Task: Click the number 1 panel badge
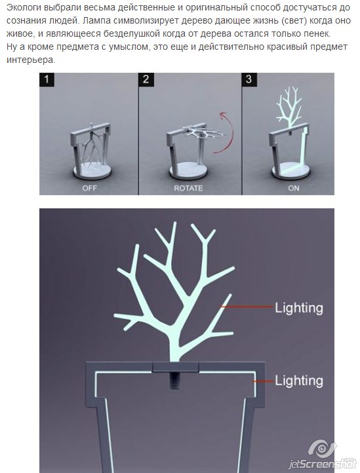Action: point(47,80)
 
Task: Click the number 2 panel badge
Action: point(146,80)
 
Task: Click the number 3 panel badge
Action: point(249,80)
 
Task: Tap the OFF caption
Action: point(89,188)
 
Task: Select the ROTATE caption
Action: point(188,188)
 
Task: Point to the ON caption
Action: point(293,188)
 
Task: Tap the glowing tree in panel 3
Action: point(290,106)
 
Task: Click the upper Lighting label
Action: point(299,308)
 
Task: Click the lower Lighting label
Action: point(299,381)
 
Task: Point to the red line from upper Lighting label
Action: point(247,307)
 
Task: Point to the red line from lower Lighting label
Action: point(263,381)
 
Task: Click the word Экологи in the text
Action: point(24,8)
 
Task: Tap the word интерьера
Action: point(31,60)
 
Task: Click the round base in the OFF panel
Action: point(92,171)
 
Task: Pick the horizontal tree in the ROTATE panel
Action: point(205,133)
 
